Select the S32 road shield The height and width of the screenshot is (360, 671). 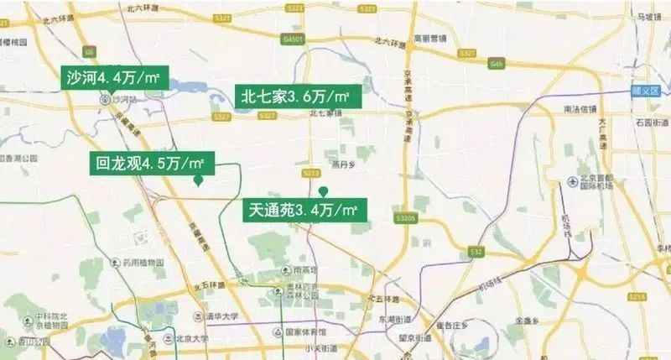tap(477, 251)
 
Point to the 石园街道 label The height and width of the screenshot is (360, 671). tap(650, 123)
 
